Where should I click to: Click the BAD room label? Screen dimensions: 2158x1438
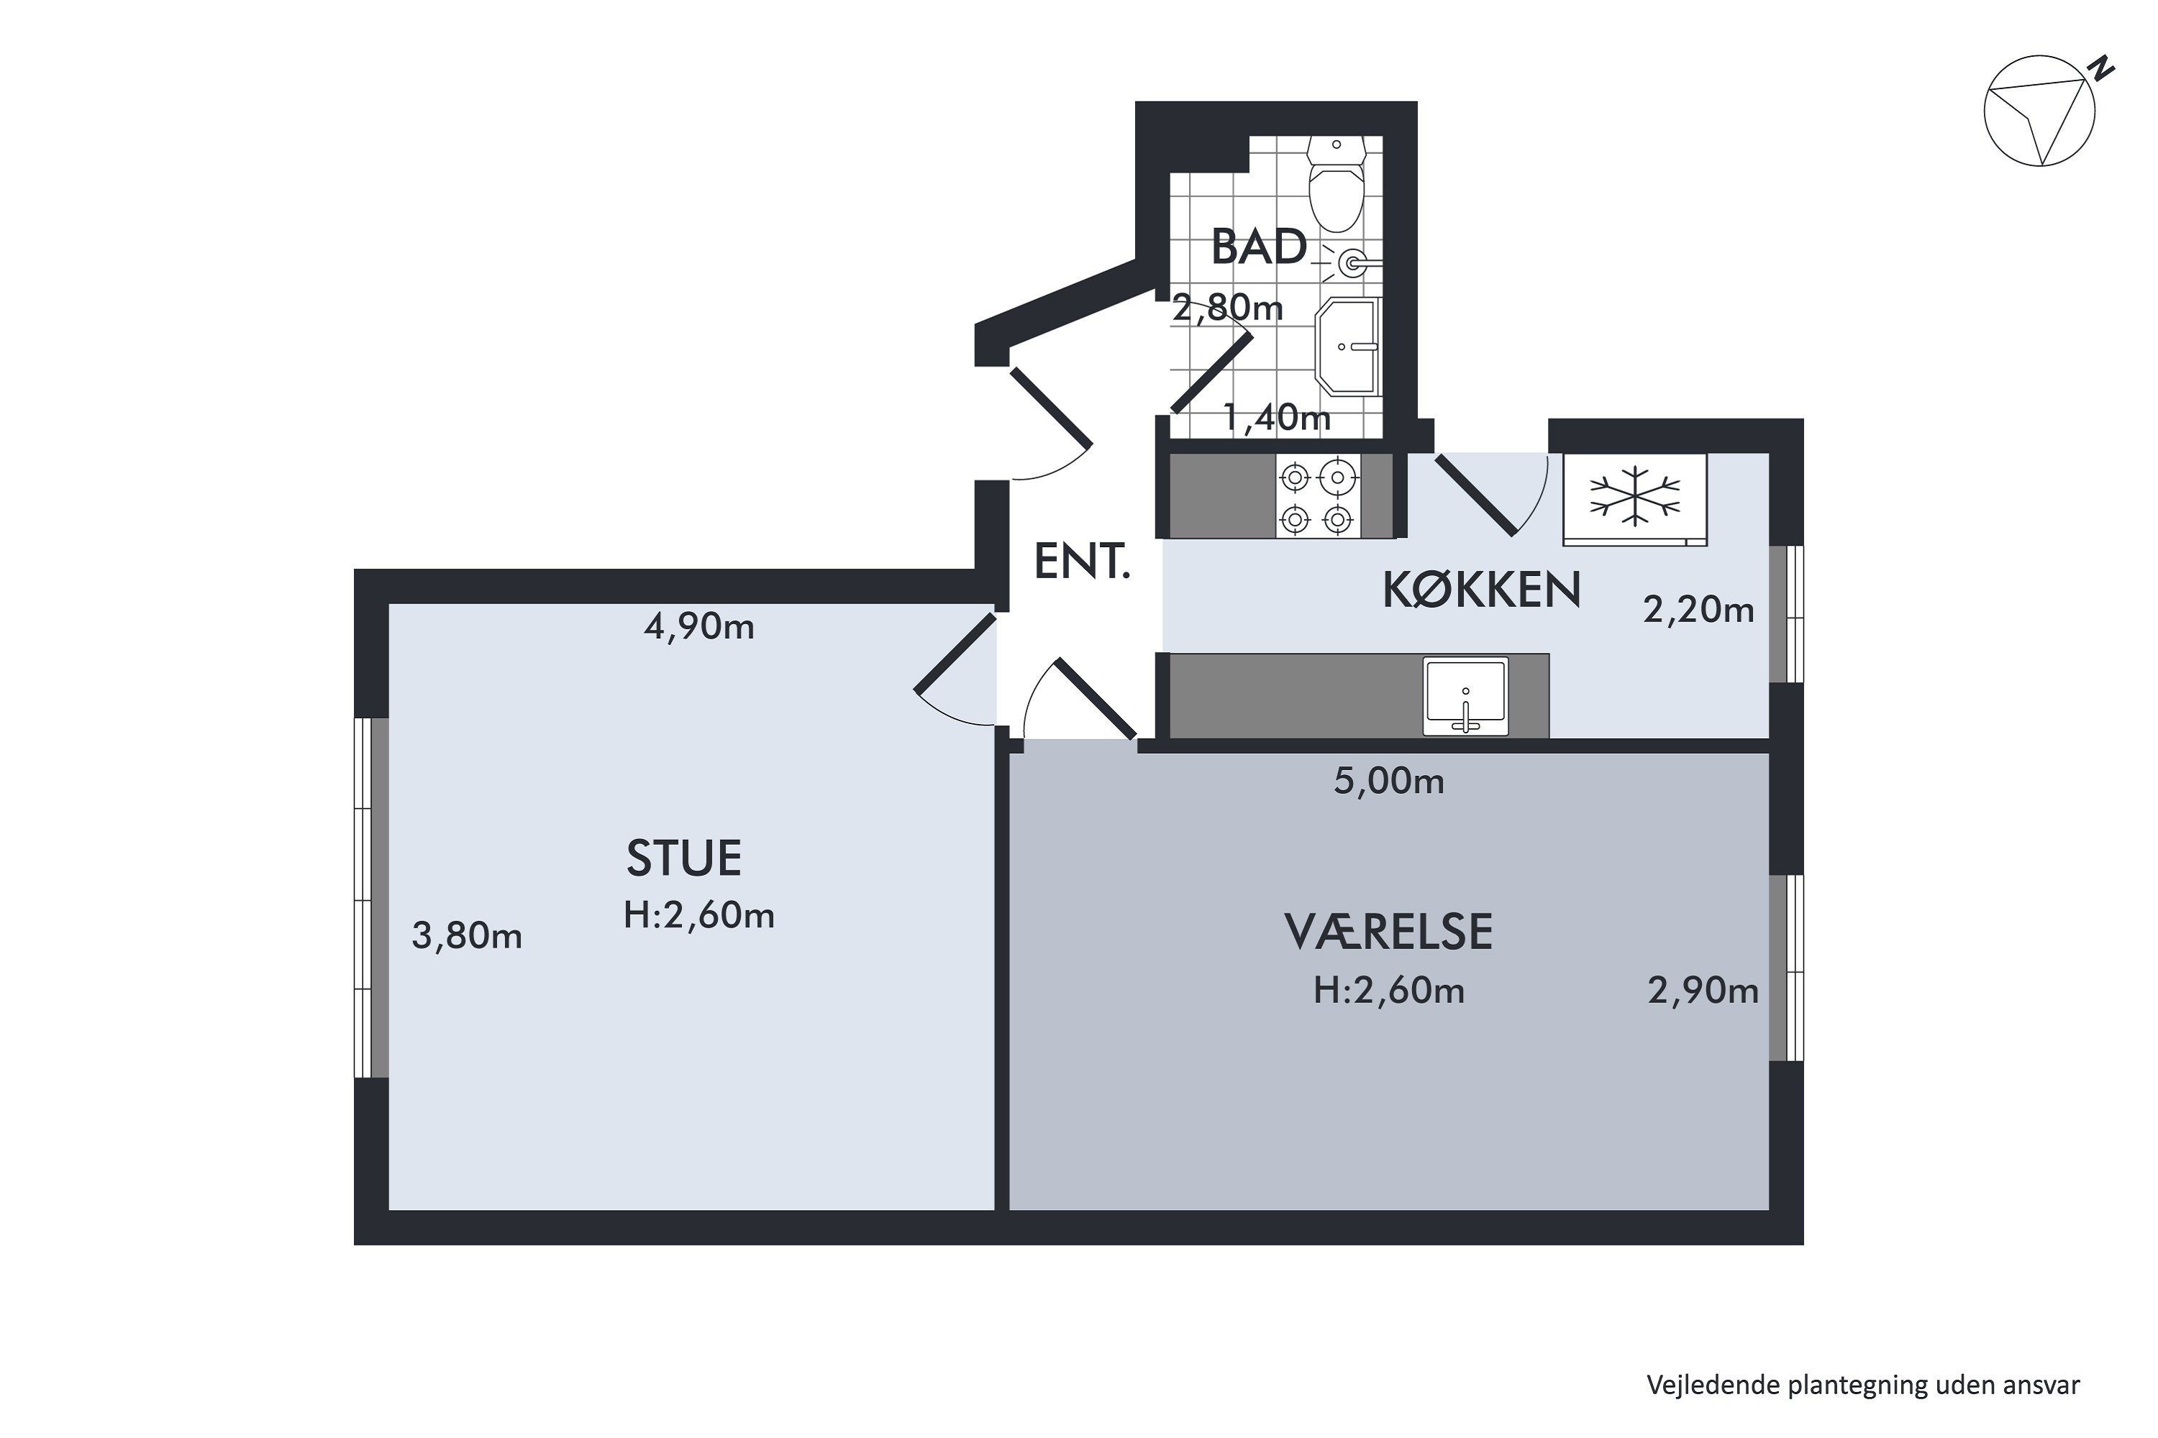[1259, 247]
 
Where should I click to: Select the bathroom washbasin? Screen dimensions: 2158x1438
[1348, 347]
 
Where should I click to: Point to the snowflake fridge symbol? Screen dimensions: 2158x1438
[1635, 499]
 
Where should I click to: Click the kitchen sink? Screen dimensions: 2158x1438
[1465, 696]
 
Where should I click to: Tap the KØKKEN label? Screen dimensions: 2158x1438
[1482, 590]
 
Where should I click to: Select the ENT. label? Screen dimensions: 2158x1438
[1082, 562]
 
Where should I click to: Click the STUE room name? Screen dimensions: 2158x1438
[683, 858]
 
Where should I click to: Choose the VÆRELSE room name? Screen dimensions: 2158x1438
[1388, 933]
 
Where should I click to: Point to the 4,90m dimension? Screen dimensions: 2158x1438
[699, 627]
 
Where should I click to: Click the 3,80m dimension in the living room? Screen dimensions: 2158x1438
[467, 936]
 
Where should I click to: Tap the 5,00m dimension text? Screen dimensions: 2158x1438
[1389, 782]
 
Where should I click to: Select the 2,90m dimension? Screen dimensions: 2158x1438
[1703, 992]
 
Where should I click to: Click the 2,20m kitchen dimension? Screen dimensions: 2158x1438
[1698, 610]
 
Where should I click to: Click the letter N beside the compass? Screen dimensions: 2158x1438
[2100, 67]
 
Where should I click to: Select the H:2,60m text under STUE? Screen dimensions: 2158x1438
[699, 916]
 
